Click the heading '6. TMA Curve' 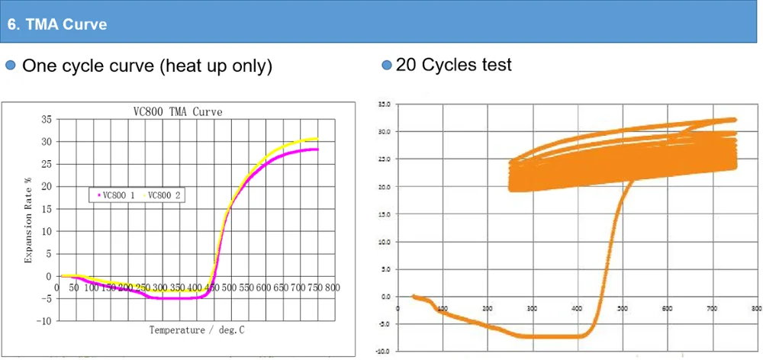click(57, 24)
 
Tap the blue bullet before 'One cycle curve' click(11, 66)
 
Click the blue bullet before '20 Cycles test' click(386, 65)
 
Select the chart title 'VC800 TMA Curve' click(173, 111)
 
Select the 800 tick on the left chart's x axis click(332, 288)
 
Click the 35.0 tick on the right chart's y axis click(385, 104)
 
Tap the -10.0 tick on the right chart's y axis click(384, 352)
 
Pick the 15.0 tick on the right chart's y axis click(385, 214)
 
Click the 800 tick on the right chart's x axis click(755, 309)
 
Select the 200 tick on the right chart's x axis click(488, 309)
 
